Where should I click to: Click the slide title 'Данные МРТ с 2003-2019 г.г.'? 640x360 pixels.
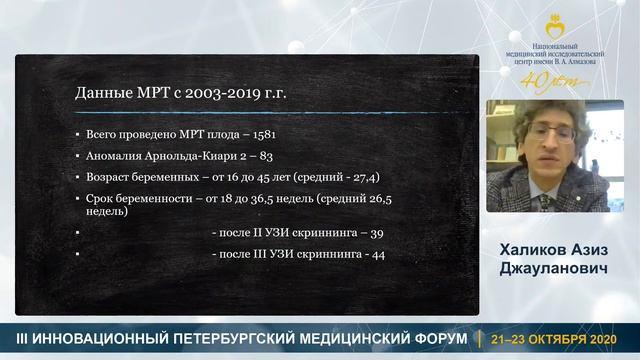(181, 93)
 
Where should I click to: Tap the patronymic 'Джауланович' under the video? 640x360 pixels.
(546, 269)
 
